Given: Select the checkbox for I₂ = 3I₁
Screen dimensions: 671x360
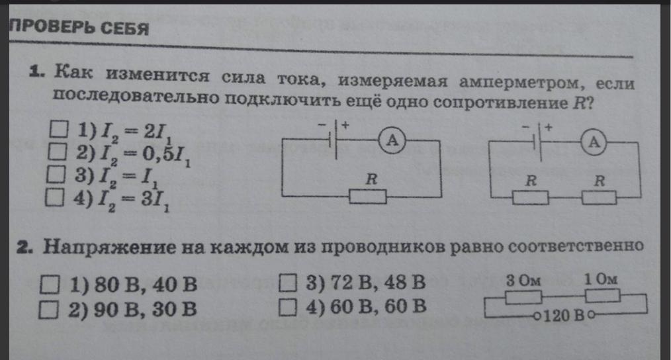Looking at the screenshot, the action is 58,197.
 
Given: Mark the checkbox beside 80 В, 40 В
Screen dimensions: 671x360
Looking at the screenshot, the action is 50,285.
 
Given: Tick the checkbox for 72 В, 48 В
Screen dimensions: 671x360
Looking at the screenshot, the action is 287,283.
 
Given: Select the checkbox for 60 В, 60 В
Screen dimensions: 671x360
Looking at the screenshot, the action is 287,306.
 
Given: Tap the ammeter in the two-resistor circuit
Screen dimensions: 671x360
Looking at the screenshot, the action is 595,140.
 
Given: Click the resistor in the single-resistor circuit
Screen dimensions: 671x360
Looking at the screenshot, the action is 368,197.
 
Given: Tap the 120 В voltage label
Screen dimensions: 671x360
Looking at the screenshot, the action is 563,316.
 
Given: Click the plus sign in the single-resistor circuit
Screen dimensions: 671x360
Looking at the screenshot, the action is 345,124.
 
